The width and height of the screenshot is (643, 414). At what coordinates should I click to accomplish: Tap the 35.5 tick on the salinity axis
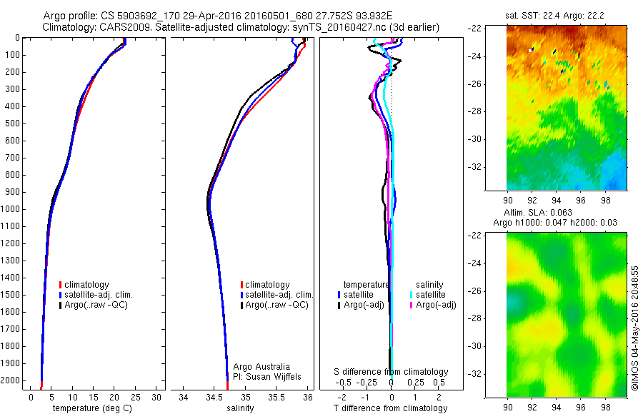pos(276,397)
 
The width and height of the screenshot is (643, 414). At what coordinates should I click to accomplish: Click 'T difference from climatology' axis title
pos(392,408)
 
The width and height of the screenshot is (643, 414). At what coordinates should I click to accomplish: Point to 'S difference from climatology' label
pos(392,372)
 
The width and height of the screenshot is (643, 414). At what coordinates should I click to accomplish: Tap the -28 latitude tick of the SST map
pos(477,111)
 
